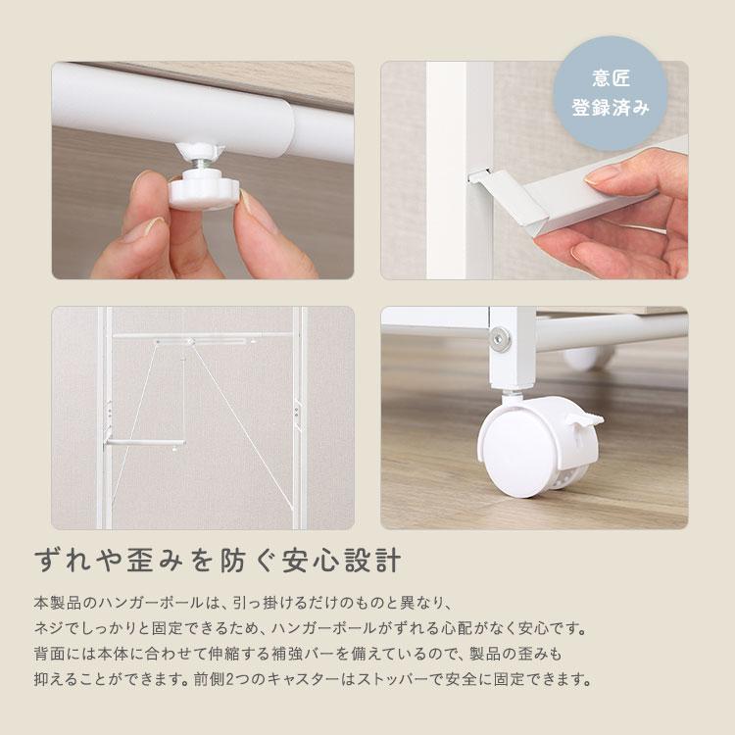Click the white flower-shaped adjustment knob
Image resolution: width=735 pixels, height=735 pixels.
[x=204, y=189]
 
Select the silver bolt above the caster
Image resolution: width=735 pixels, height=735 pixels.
[x=501, y=338]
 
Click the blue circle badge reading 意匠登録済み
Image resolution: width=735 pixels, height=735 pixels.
[x=610, y=93]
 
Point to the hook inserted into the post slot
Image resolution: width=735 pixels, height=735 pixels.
[x=488, y=178]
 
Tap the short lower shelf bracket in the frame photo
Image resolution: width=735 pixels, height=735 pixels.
[x=145, y=443]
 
